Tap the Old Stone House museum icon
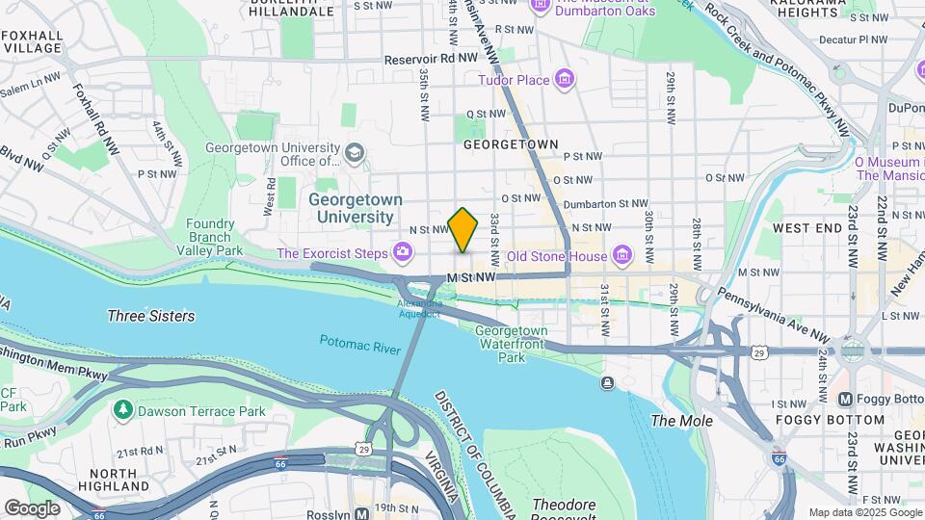point(622,255)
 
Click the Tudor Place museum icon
point(565,80)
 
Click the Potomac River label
point(359,342)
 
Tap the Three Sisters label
point(150,316)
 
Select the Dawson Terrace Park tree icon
point(122,411)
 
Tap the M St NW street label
point(471,277)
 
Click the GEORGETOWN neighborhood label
point(511,144)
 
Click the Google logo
point(32,507)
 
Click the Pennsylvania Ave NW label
point(771,314)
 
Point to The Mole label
point(682,421)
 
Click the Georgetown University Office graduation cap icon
point(355,153)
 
